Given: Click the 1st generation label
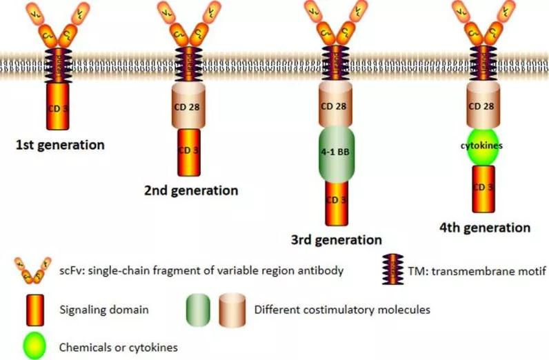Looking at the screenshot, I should (x=61, y=146).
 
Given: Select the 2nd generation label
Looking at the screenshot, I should (x=191, y=190).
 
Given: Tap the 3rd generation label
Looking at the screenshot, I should (x=335, y=240).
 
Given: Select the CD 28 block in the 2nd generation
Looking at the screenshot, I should (x=189, y=106).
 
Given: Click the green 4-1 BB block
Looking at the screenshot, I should (x=336, y=150).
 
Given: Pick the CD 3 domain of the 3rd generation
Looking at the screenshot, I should (x=336, y=200).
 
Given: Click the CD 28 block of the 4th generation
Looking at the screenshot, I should (x=485, y=106).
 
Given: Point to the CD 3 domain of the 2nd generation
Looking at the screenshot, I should (x=189, y=151).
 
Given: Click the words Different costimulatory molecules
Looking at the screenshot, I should (x=342, y=310).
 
